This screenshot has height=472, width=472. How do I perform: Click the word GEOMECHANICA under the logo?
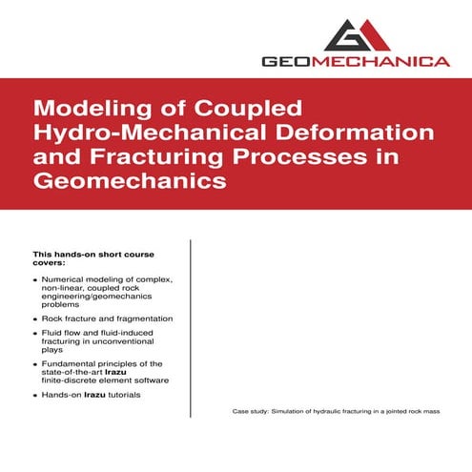[356, 62]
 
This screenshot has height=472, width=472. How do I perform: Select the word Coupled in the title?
[224, 106]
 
